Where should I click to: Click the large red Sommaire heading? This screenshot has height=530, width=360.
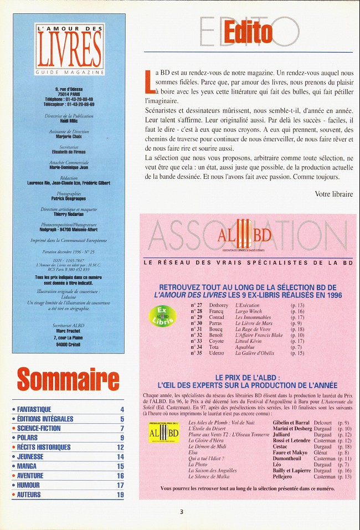tap(68, 378)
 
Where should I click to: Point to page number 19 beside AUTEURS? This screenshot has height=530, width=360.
tap(120, 495)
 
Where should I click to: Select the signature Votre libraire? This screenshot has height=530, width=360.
tap(333, 194)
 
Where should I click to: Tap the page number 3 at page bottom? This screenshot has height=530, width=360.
tap(181, 512)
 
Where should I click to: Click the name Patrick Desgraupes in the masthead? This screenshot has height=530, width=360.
tap(68, 198)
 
